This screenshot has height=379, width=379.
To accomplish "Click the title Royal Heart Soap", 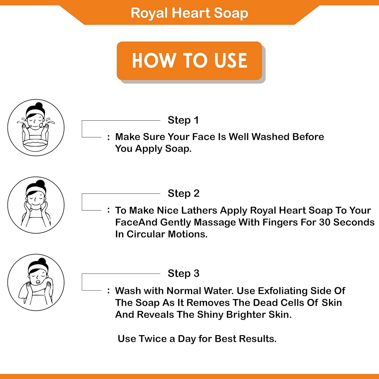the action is coord(189,13).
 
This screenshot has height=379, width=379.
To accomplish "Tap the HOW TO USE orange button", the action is coord(189,61).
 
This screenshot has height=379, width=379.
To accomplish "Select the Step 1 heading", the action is coord(183,120).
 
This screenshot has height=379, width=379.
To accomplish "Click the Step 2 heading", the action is coord(184,194).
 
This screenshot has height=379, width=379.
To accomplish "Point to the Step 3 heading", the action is coord(184,273).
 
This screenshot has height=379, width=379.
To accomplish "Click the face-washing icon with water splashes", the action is coord(36,128).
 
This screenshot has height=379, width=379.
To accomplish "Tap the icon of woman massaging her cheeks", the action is coord(36,205).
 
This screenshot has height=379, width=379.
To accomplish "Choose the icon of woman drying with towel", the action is coord(36,282).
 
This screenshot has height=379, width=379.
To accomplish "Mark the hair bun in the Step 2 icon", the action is coord(40,183).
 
